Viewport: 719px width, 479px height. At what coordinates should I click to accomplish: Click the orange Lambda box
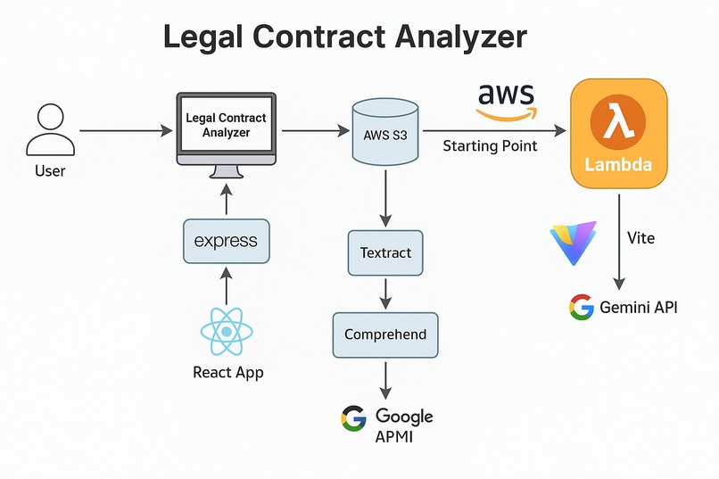(x=618, y=133)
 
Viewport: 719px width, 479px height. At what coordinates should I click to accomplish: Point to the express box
(x=226, y=241)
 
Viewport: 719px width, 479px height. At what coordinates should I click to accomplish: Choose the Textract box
(x=385, y=253)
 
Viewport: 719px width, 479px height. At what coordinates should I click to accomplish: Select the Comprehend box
(x=385, y=334)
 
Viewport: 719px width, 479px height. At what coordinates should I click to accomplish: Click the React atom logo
(x=227, y=332)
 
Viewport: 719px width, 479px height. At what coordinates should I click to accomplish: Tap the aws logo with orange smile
(x=506, y=101)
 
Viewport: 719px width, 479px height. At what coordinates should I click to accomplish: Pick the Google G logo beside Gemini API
(x=581, y=308)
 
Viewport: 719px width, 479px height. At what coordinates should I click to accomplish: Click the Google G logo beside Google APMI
(x=354, y=417)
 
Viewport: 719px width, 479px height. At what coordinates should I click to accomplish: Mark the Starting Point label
(x=490, y=145)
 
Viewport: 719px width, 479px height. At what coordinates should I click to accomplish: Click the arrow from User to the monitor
(x=126, y=131)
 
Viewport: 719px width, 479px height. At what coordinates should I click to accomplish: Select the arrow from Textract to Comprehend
(x=385, y=293)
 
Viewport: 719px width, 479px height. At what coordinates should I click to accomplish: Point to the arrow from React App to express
(x=226, y=285)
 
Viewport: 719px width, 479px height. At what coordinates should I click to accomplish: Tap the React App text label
(x=227, y=373)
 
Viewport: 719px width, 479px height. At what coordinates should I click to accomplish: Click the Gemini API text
(x=640, y=308)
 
